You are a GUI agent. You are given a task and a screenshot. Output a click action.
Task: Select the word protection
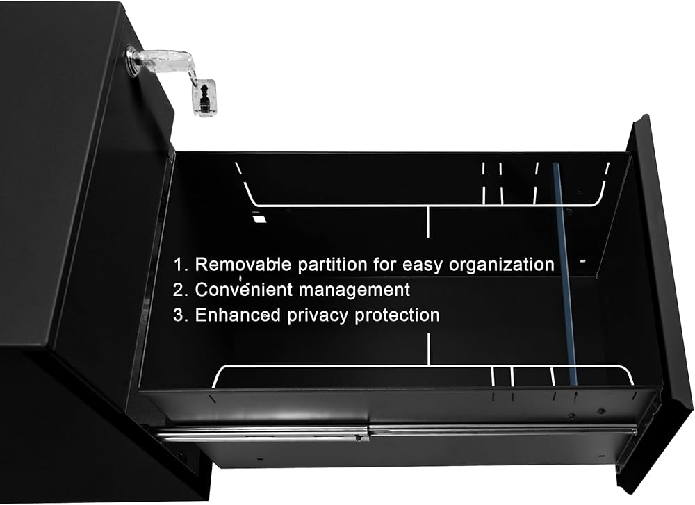pos(398,315)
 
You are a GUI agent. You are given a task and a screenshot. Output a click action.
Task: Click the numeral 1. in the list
pos(181,264)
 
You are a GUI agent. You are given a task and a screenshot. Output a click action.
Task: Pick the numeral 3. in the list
pos(181,315)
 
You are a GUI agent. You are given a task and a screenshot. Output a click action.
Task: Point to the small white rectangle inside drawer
pos(260,219)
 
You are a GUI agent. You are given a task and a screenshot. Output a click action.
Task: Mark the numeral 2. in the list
pos(181,290)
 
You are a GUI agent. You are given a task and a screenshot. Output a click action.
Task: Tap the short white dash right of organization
pos(582,261)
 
